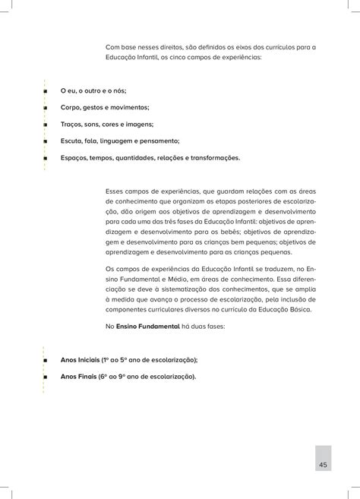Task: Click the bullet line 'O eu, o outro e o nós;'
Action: pyautogui.click(x=93, y=91)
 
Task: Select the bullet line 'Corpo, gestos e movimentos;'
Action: pyautogui.click(x=104, y=108)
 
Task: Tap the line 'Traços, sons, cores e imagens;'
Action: pyautogui.click(x=106, y=124)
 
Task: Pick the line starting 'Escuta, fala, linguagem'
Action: pyautogui.click(x=120, y=141)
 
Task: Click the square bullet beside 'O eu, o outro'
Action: pyautogui.click(x=46, y=92)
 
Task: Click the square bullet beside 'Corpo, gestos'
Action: pyautogui.click(x=46, y=108)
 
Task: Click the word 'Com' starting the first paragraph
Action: pyautogui.click(x=113, y=46)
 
